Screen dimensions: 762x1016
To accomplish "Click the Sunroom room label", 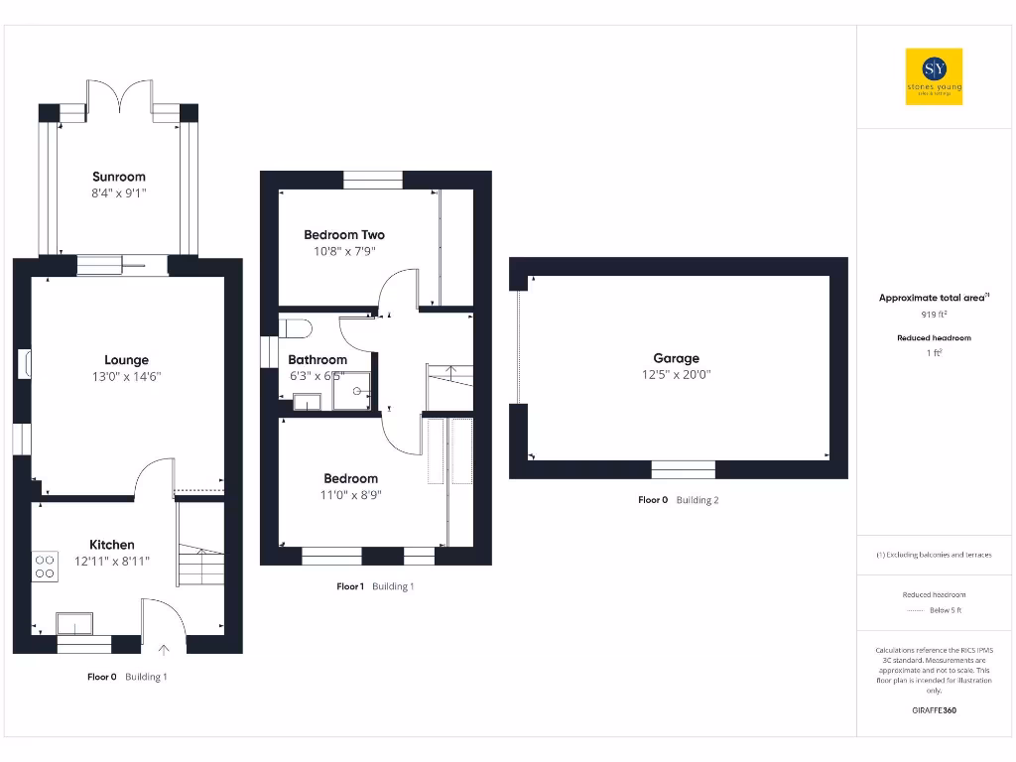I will pos(119,177).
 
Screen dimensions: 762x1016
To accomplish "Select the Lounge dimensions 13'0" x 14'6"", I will pos(126,377).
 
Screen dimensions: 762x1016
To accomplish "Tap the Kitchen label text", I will pos(112,545).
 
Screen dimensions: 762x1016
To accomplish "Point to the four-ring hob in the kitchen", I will pos(46,566).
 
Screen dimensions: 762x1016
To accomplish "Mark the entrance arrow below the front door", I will pos(165,650).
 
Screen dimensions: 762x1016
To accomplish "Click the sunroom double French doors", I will pos(120,96).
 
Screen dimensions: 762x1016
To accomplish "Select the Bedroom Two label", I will pos(343,235).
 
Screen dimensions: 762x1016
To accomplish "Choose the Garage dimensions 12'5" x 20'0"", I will pos(676,375).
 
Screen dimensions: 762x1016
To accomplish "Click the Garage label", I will pos(676,358).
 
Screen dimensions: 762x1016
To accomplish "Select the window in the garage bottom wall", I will pos(683,469).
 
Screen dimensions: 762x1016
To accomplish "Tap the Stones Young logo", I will pos(934,76).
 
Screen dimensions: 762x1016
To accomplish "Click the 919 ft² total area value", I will pos(934,315).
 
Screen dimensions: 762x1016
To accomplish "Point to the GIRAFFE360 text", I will pos(934,710).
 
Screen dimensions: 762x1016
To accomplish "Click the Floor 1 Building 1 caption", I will pos(375,586).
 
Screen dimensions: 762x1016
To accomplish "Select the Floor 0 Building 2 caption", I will pos(678,500).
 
